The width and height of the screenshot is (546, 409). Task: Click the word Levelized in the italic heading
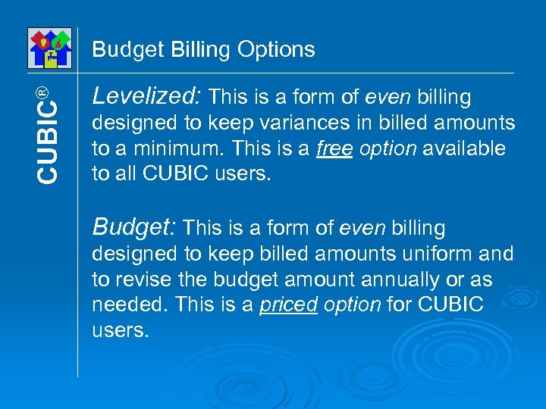pyautogui.click(x=144, y=96)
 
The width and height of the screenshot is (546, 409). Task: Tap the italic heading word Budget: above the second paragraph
pyautogui.click(x=134, y=226)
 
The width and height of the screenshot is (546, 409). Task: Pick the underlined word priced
pyautogui.click(x=287, y=305)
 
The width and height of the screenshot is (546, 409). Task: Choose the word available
pyautogui.click(x=463, y=148)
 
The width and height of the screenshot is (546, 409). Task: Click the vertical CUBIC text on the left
pyautogui.click(x=47, y=144)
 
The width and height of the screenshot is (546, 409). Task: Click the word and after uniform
pyautogui.click(x=497, y=254)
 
